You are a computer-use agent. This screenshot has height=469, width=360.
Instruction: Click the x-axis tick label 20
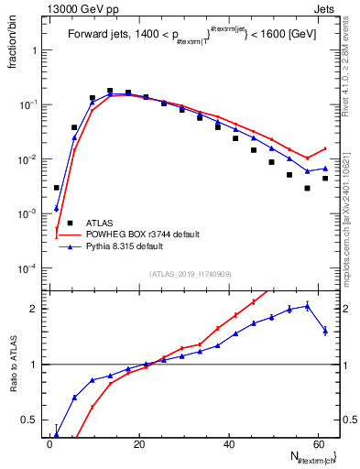coord(139,442)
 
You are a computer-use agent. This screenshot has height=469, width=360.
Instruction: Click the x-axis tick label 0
coord(49,442)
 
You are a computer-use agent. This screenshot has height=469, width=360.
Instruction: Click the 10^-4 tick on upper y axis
coord(29,268)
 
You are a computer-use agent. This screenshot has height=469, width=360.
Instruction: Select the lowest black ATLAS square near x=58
coord(308,189)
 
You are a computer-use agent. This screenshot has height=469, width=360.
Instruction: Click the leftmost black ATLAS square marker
coord(57,188)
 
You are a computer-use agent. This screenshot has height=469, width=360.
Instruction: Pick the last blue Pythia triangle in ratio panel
coord(325,331)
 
